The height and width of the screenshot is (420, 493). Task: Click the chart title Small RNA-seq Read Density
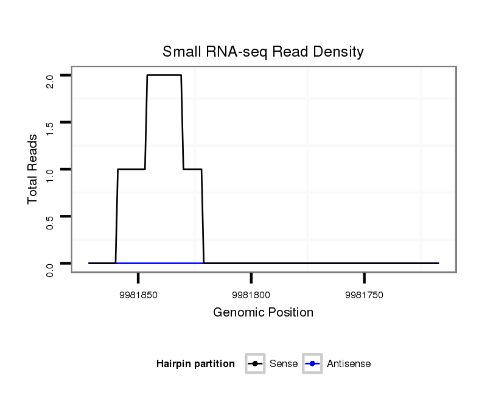pyautogui.click(x=263, y=52)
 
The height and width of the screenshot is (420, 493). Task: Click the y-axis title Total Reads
pyautogui.click(x=33, y=169)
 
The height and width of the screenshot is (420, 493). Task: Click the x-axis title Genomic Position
pyautogui.click(x=263, y=313)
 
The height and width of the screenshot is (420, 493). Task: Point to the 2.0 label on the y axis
pyautogui.click(x=50, y=81)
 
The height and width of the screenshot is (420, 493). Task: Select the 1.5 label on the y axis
pyautogui.click(x=50, y=128)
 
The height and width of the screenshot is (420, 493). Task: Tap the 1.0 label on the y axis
pyautogui.click(x=50, y=175)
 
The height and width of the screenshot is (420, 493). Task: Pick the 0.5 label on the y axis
pyautogui.click(x=50, y=222)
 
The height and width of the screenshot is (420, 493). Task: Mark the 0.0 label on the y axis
pyautogui.click(x=50, y=268)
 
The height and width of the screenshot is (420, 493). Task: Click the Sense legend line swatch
pyautogui.click(x=255, y=364)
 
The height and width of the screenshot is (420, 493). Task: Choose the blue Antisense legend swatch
pyautogui.click(x=312, y=364)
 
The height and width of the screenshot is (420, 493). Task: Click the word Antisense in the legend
pyautogui.click(x=349, y=364)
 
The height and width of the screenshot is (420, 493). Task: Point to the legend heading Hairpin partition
pyautogui.click(x=195, y=364)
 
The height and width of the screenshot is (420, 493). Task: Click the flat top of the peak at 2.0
pyautogui.click(x=164, y=75)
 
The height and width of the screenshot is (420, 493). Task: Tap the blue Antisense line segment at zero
pyautogui.click(x=159, y=263)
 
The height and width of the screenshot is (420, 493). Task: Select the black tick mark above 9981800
pyautogui.click(x=251, y=278)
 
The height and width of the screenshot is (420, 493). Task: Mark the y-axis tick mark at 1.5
pyautogui.click(x=66, y=122)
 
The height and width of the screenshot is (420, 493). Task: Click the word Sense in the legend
pyautogui.click(x=283, y=364)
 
